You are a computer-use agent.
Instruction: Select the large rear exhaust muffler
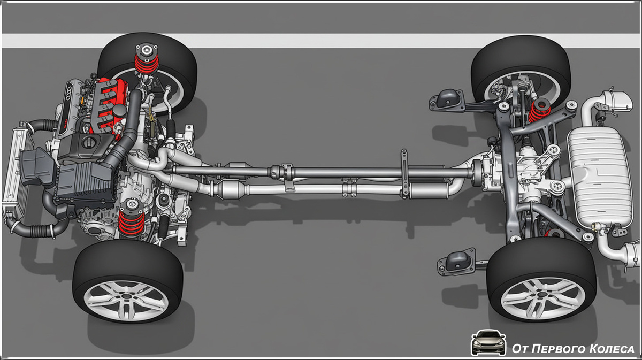[x=600, y=177]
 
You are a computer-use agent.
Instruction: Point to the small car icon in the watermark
[x=488, y=342]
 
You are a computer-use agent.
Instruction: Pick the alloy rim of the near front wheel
[x=126, y=301]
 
